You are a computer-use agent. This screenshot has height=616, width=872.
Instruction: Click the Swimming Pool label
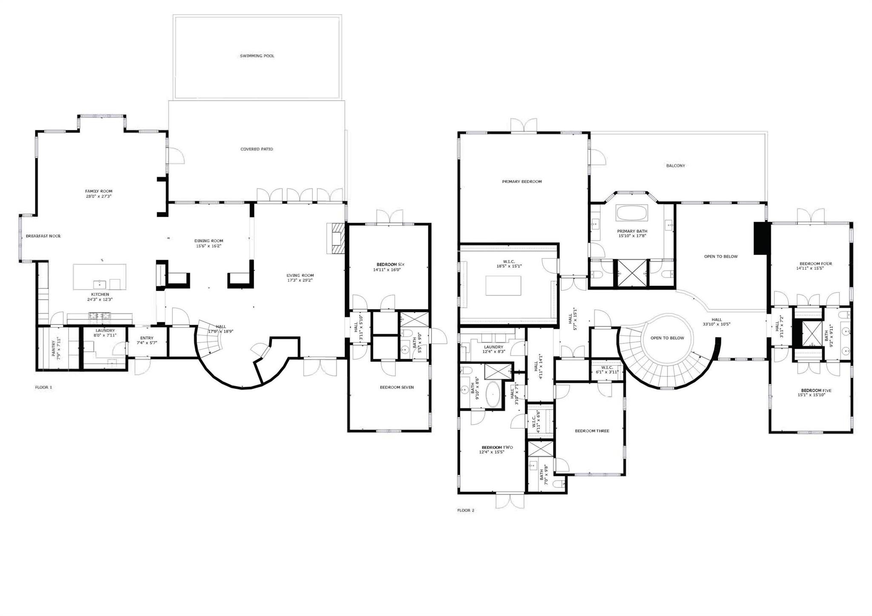[x=257, y=56]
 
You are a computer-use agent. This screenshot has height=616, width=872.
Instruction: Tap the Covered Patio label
[x=256, y=149]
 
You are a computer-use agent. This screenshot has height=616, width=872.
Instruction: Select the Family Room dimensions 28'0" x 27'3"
[x=98, y=197]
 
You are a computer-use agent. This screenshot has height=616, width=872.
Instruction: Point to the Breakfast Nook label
[x=43, y=236]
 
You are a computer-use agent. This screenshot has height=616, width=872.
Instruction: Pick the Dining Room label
[x=209, y=241]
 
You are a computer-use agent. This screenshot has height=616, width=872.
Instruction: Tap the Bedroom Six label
[x=387, y=264]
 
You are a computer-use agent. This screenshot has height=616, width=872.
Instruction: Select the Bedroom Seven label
[x=396, y=387]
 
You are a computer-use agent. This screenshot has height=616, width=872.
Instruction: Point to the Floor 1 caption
[x=43, y=387]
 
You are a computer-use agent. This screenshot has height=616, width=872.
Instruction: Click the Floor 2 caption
[x=466, y=510]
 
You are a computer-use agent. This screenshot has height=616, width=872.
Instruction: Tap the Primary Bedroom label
[x=522, y=182]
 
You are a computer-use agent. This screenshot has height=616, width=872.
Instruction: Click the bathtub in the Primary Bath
[x=632, y=213]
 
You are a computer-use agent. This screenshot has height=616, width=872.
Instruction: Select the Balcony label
[x=675, y=166]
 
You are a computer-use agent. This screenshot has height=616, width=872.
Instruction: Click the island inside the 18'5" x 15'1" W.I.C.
[x=503, y=286]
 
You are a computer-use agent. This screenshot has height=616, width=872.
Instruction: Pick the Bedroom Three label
[x=592, y=431]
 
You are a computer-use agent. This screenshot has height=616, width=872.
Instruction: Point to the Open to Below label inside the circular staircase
[x=667, y=338]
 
